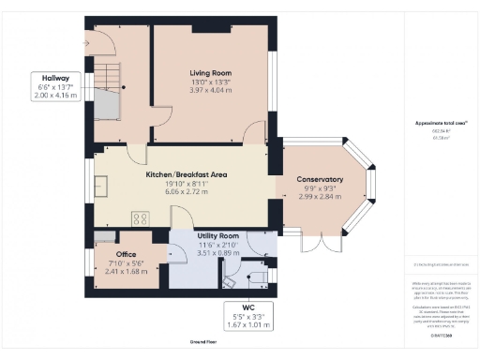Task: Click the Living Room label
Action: pyautogui.click(x=211, y=72)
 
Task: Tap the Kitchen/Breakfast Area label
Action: pyautogui.click(x=189, y=174)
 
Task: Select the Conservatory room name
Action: pyautogui.click(x=320, y=180)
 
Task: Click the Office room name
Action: pyautogui.click(x=127, y=254)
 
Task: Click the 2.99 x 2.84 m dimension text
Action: pyautogui.click(x=320, y=199)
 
